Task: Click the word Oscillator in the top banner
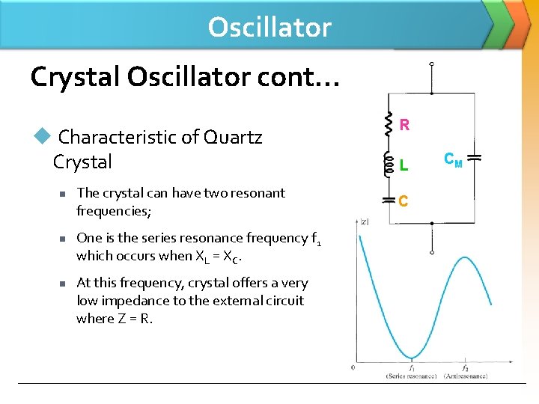pos(269,27)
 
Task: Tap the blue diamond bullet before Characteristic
pos(42,135)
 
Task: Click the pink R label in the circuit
pos(404,125)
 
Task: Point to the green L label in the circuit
pos(404,164)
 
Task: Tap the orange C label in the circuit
pos(404,201)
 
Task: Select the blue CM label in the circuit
pos(453,159)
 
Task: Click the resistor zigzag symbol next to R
pos(389,125)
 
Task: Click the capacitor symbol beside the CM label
pos(474,159)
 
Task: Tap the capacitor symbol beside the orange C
pos(389,201)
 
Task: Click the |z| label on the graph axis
pos(364,221)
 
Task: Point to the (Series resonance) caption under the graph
pos(411,376)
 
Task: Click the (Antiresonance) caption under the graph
pos(465,376)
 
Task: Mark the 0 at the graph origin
pos(353,367)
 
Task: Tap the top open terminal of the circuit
pos(431,65)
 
